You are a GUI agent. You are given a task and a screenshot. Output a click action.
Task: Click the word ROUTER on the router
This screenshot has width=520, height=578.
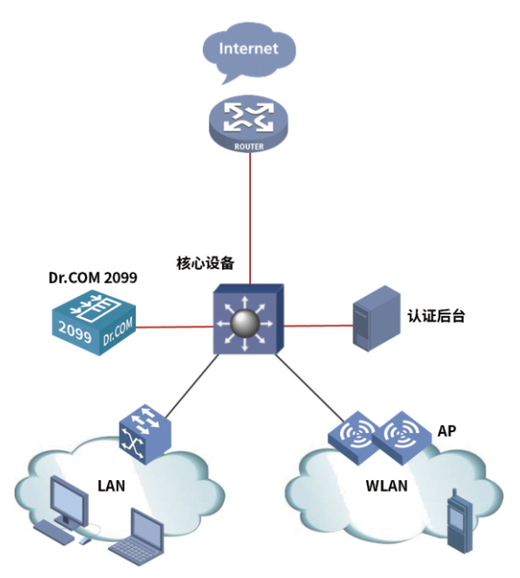click(249, 147)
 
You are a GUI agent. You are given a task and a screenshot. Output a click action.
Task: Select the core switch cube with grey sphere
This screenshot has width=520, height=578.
click(248, 319)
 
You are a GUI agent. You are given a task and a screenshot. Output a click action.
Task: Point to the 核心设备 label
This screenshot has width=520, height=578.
click(206, 264)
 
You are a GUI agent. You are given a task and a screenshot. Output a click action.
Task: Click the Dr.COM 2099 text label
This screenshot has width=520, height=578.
click(93, 277)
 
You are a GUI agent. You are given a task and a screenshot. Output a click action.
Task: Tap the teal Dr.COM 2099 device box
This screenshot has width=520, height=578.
click(93, 323)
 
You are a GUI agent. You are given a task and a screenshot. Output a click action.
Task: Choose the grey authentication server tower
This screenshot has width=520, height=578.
click(376, 318)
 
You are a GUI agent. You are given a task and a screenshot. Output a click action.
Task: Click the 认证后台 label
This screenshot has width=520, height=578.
click(436, 316)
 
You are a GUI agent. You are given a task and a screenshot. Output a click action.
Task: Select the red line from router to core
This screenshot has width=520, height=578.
click(250, 218)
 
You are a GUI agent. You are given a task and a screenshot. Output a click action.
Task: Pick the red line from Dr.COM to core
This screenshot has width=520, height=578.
click(175, 327)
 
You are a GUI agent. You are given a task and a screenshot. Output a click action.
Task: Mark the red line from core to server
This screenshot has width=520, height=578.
click(318, 325)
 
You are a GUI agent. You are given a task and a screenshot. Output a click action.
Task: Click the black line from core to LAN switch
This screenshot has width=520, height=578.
click(191, 386)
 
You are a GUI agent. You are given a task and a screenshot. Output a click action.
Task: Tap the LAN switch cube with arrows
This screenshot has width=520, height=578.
click(145, 433)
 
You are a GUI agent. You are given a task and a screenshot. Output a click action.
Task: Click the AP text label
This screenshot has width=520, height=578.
click(447, 430)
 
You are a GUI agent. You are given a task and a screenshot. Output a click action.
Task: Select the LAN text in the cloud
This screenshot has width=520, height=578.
click(111, 486)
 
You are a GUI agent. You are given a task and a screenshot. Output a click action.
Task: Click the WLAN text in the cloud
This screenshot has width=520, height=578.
click(387, 486)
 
